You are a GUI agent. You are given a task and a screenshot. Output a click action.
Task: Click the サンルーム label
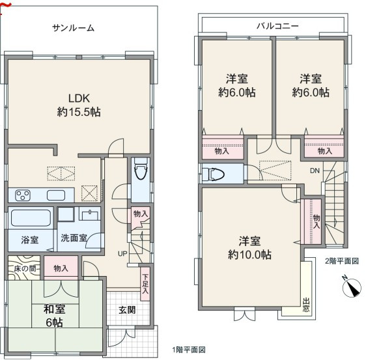click(73, 28)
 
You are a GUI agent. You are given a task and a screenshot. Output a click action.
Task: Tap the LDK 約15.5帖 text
click(79, 105)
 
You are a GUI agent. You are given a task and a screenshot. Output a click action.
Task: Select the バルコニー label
click(277, 25)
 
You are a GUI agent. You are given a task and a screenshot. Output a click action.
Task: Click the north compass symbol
click(352, 288)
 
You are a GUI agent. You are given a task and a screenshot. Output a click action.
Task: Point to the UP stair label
click(122, 254)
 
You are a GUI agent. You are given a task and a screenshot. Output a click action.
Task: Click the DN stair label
click(315, 171)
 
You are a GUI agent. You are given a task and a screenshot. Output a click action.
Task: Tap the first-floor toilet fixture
click(141, 169)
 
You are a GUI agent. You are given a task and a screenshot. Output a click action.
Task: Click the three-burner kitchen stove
click(23, 195)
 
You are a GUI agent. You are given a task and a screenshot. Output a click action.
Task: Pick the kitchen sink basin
click(56, 195)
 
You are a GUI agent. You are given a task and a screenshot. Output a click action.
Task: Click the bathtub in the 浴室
click(31, 218)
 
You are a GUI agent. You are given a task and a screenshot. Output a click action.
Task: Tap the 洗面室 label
click(74, 238)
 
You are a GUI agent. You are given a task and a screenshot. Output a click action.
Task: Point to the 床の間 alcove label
click(25, 269)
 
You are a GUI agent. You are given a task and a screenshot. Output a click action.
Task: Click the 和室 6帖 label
click(54, 316)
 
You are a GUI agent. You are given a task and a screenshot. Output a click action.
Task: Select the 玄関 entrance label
click(127, 311)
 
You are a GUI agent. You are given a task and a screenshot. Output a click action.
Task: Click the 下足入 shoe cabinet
click(145, 283)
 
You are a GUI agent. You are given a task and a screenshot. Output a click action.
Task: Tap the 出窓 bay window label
click(306, 305)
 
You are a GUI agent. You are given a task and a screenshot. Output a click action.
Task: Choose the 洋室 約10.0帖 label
click(249, 248)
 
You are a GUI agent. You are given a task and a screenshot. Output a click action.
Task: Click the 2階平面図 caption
click(342, 261)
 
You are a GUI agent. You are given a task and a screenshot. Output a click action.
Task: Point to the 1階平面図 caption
click(189, 350)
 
